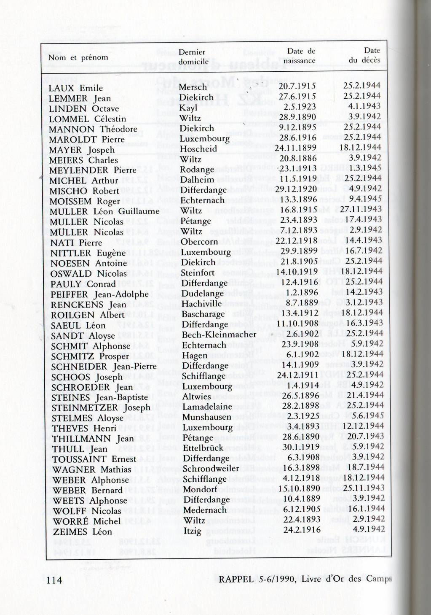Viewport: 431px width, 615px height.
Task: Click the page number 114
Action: (x=54, y=580)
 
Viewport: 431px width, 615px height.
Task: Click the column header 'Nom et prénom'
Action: (x=78, y=57)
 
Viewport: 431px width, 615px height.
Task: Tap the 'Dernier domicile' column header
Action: (x=193, y=57)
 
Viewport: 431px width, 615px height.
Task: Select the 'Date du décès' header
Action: (x=365, y=55)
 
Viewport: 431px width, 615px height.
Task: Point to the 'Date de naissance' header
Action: (x=300, y=56)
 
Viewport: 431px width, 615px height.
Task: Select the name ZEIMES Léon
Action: (x=83, y=532)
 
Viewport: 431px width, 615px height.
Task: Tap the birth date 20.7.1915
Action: (x=297, y=86)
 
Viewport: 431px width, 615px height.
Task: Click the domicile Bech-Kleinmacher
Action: (x=219, y=335)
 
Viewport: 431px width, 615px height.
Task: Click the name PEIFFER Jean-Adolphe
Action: (x=99, y=294)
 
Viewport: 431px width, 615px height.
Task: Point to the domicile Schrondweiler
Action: (x=211, y=469)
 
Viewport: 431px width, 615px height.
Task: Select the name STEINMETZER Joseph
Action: (x=101, y=408)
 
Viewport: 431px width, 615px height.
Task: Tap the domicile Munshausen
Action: (x=207, y=417)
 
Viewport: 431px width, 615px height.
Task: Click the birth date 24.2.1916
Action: (x=302, y=530)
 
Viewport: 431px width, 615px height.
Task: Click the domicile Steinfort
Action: (x=198, y=273)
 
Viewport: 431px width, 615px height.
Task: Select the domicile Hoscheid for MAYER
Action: (x=198, y=149)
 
